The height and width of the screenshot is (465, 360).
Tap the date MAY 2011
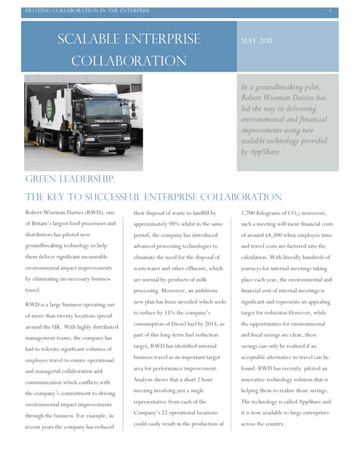pos(256,41)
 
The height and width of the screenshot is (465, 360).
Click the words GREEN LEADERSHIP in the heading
pos(70,179)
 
